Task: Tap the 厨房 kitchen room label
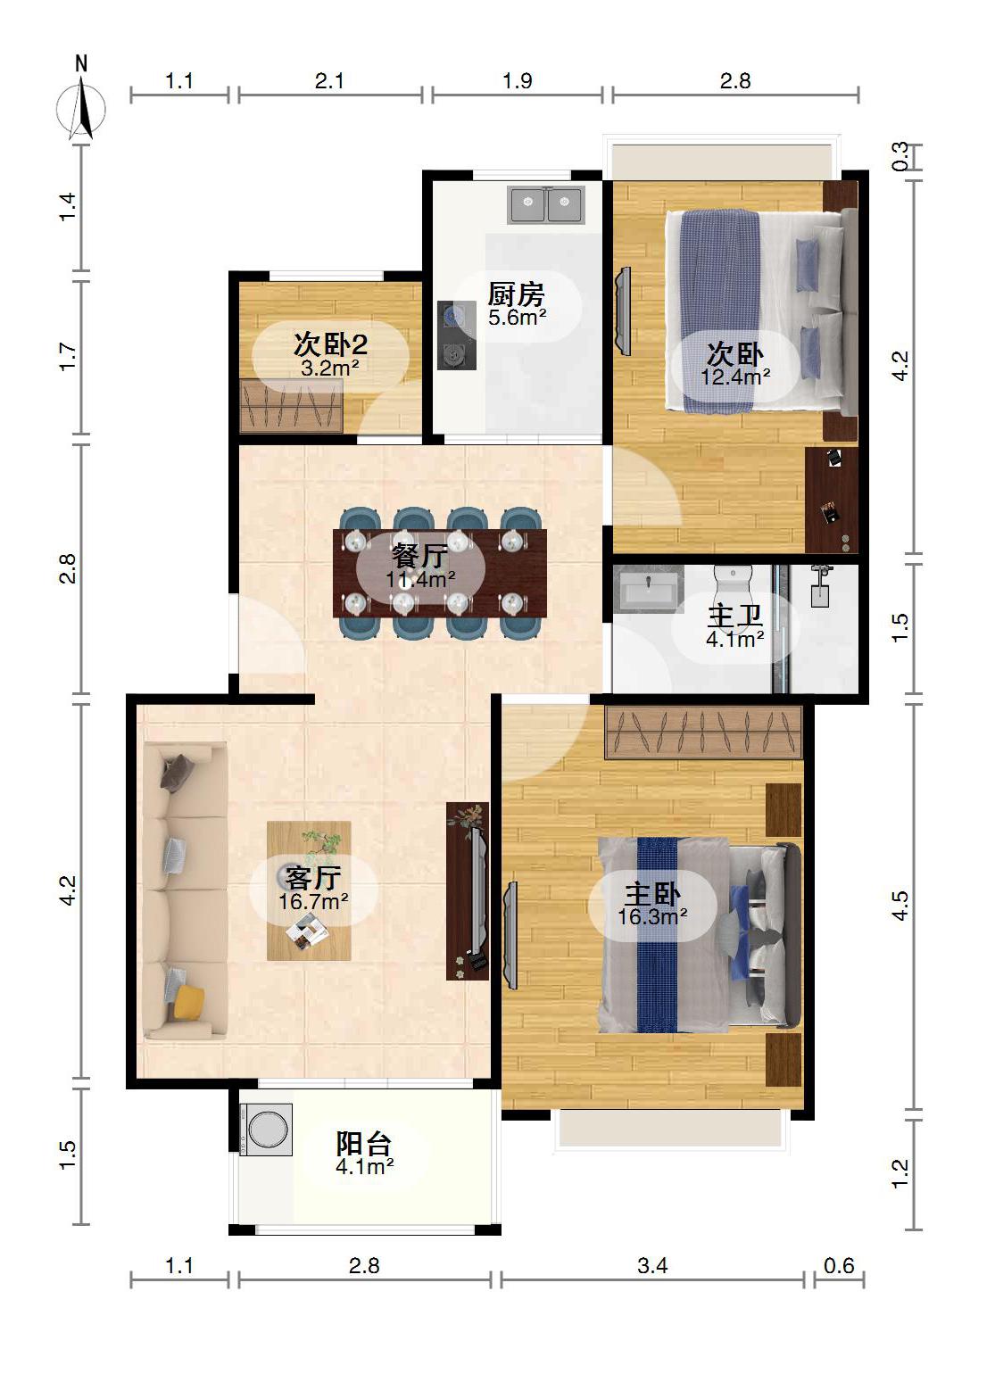click(516, 295)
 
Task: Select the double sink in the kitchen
click(546, 203)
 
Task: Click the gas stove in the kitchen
click(456, 335)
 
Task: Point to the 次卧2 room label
click(330, 344)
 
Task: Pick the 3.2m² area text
click(330, 368)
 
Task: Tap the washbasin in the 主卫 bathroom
click(649, 590)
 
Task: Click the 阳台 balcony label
click(364, 1143)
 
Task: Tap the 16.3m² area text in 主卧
click(652, 917)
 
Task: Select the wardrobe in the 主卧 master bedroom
click(703, 733)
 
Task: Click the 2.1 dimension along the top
click(329, 80)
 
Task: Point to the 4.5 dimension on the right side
click(900, 906)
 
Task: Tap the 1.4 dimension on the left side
click(68, 206)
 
